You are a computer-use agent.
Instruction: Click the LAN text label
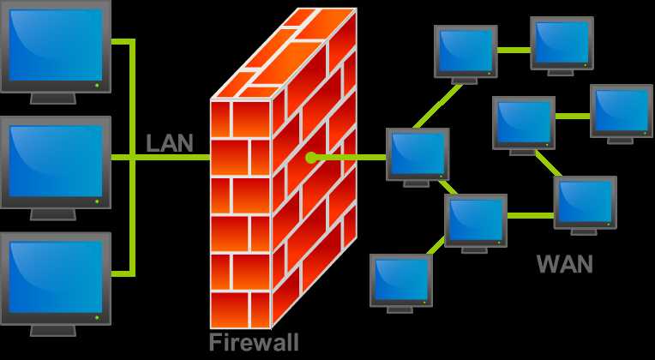pyautogui.click(x=169, y=143)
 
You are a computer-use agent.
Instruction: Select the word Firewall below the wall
pyautogui.click(x=254, y=343)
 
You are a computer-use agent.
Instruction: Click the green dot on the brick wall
pyautogui.click(x=311, y=158)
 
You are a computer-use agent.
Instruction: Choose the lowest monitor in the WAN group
pyautogui.click(x=401, y=279)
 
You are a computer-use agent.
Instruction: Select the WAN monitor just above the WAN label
pyautogui.click(x=586, y=201)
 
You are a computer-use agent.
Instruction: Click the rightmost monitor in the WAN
pyautogui.click(x=622, y=110)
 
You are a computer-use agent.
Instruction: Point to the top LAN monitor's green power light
pyautogui.click(x=97, y=85)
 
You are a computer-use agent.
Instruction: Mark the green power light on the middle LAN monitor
pyautogui.click(x=97, y=202)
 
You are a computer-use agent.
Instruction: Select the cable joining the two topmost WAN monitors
pyautogui.click(x=514, y=49)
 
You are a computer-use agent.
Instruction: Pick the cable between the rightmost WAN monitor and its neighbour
pyautogui.click(x=573, y=115)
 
